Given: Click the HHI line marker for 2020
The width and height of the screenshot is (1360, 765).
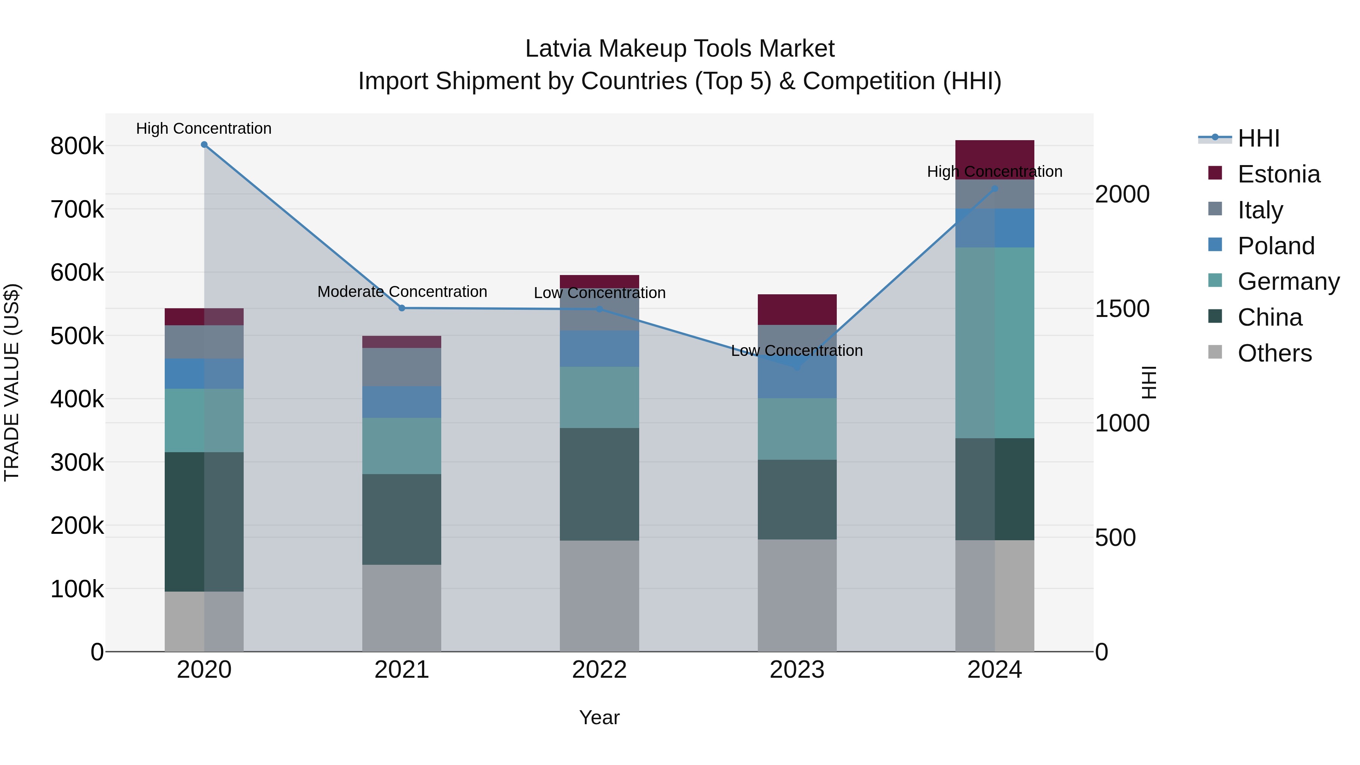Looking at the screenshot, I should [204, 145].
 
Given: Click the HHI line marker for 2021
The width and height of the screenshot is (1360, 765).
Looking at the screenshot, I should [402, 308].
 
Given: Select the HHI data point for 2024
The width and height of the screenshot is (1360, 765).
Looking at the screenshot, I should [995, 189].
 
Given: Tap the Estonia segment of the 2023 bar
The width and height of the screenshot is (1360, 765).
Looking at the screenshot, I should [797, 309].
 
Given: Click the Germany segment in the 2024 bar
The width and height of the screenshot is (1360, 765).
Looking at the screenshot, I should [995, 343].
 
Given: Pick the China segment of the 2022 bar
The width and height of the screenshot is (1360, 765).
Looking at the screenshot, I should [599, 484].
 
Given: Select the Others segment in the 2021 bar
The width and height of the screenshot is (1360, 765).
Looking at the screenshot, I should [402, 608].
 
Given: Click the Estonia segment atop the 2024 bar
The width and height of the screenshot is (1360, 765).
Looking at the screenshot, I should [995, 159].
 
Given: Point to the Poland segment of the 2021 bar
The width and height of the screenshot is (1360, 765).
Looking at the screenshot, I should [402, 402].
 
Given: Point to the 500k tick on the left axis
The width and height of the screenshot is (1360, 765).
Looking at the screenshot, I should [77, 336].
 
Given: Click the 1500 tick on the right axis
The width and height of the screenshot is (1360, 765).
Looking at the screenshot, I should [1122, 309].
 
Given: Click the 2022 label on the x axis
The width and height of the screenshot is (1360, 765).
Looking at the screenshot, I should [599, 670].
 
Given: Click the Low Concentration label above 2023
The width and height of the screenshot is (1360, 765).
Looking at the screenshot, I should [797, 351].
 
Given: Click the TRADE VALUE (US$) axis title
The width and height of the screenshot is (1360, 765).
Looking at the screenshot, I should [12, 382].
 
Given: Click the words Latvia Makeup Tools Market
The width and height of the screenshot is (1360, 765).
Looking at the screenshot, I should [680, 49].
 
